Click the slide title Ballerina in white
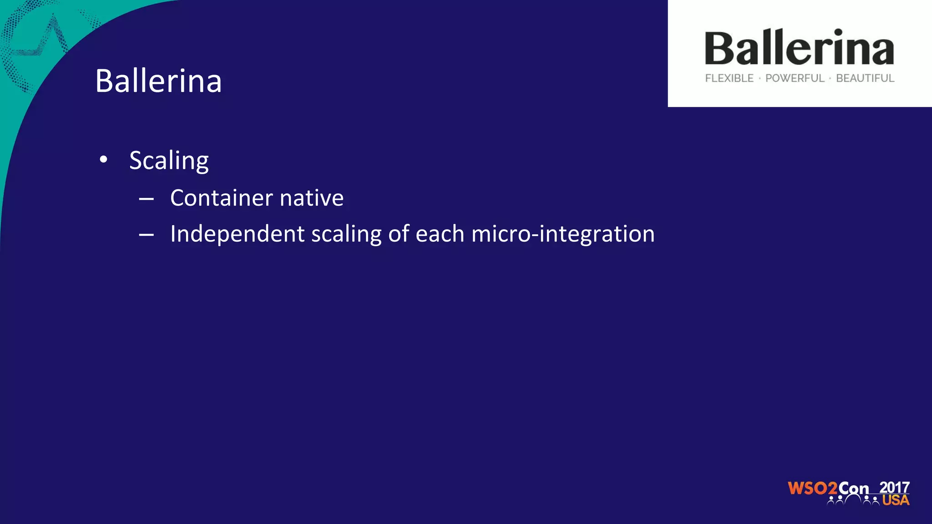click(158, 81)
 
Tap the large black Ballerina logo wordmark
click(799, 48)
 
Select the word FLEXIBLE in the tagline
click(729, 78)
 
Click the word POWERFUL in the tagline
click(795, 78)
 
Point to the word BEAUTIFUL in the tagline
click(865, 78)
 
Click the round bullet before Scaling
click(104, 160)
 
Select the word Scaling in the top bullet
click(169, 161)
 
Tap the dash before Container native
click(146, 199)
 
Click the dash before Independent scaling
click(146, 235)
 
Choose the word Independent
click(237, 234)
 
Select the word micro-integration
click(563, 234)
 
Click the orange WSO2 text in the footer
click(812, 489)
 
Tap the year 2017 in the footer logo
click(894, 487)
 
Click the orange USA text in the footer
click(896, 500)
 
